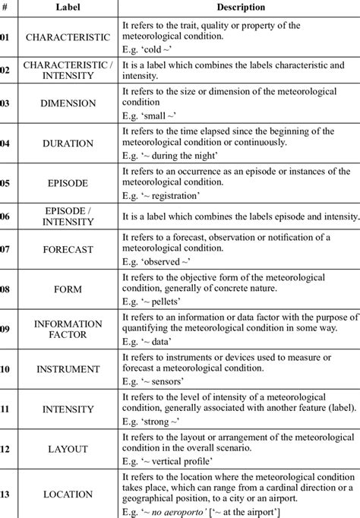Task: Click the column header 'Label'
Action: (68, 7)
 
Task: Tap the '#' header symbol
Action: (5, 7)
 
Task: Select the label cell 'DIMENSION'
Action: (68, 103)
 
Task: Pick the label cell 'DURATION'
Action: (68, 142)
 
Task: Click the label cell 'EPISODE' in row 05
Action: (68, 182)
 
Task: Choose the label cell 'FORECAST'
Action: (68, 248)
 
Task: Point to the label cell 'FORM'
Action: (68, 289)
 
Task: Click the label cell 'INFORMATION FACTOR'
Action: (68, 328)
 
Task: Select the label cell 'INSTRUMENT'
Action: (68, 369)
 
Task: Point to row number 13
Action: (5, 494)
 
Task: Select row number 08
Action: (5, 289)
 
